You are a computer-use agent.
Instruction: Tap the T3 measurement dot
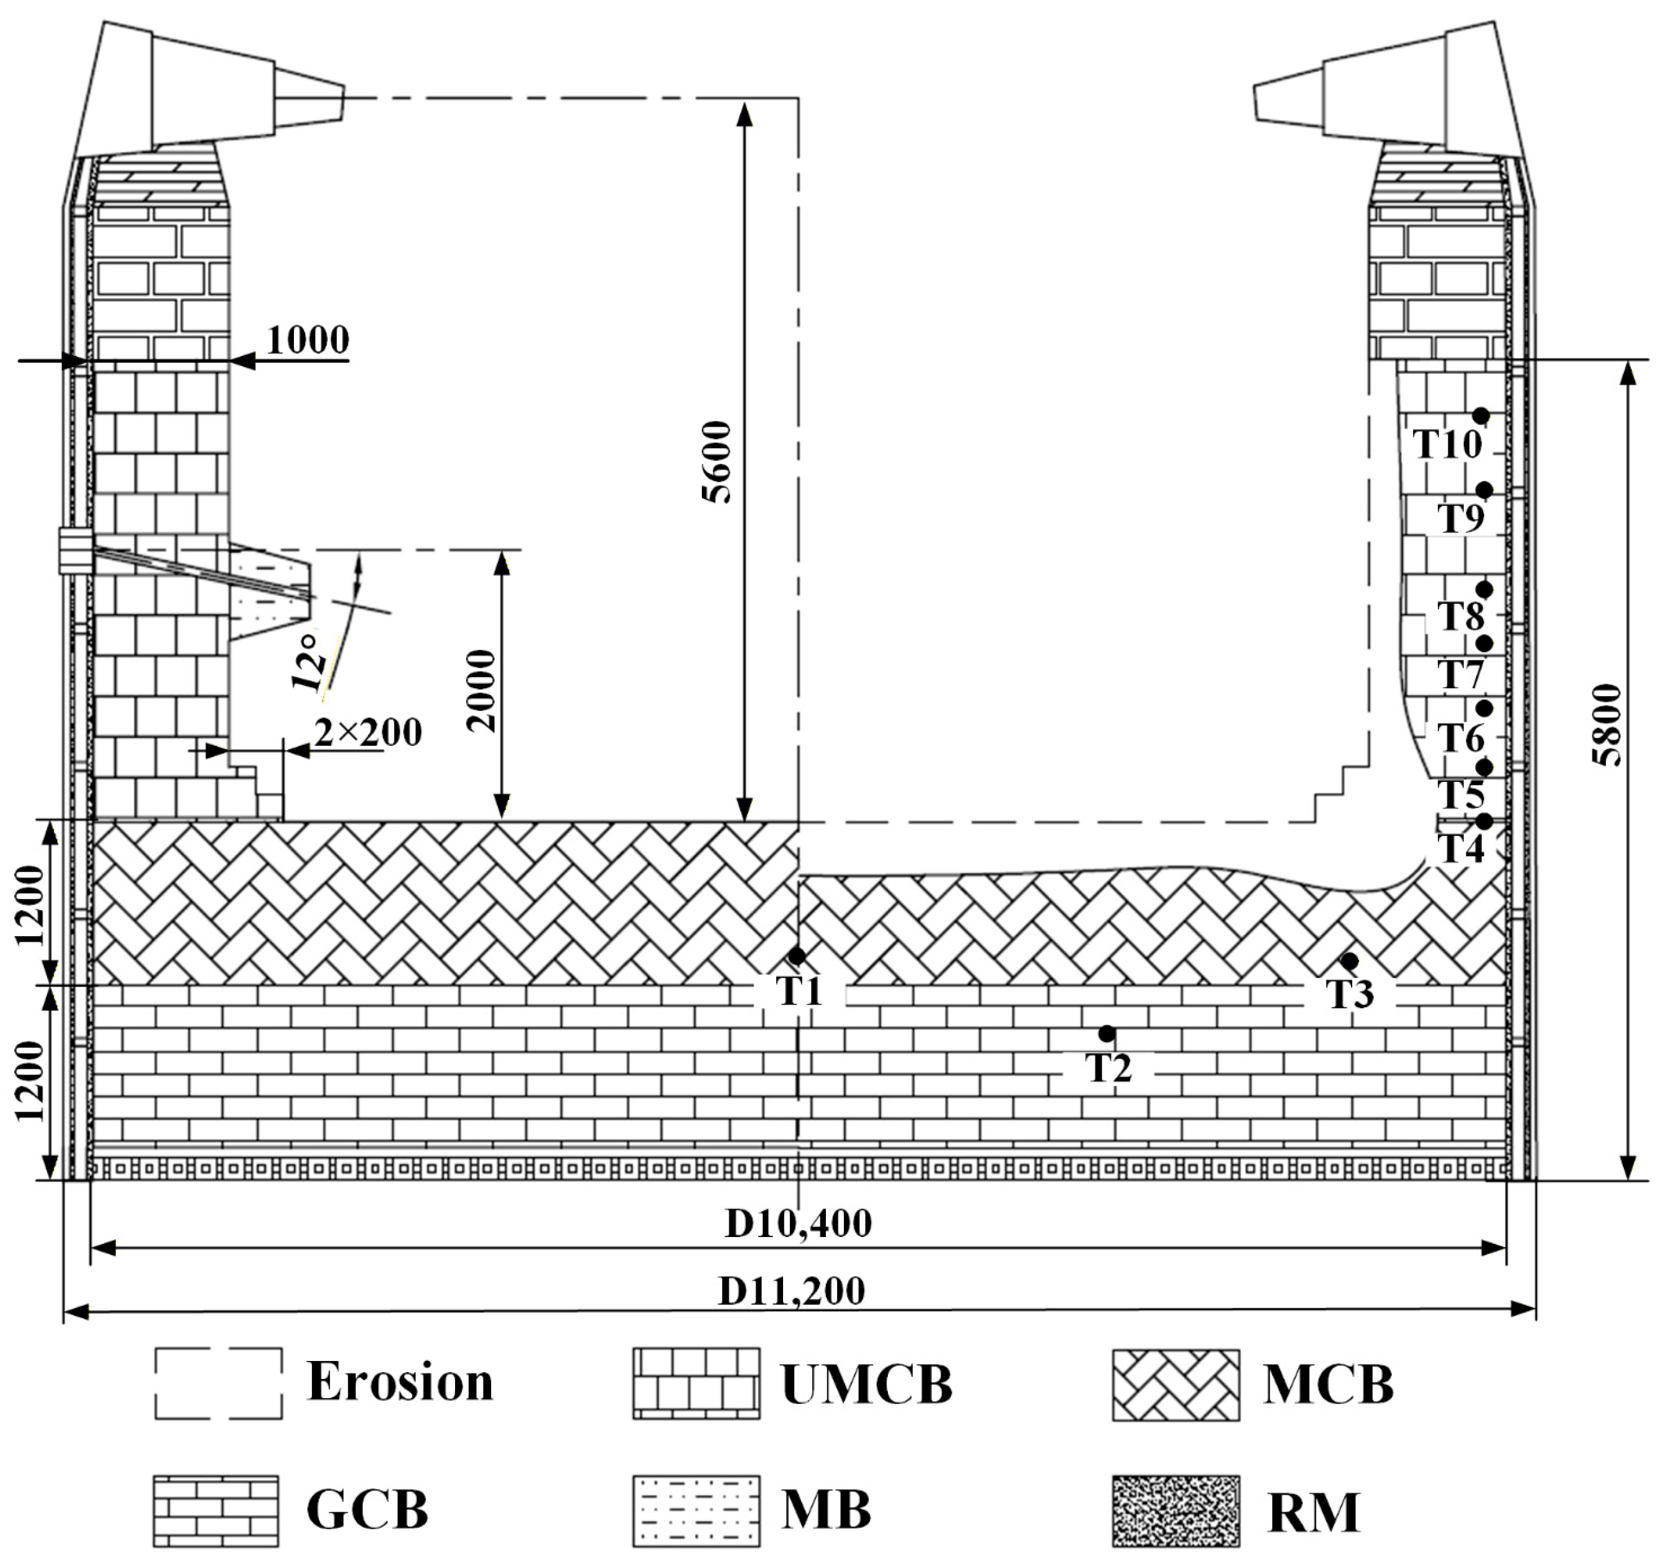click(1349, 961)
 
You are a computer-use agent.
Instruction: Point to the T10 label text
click(1447, 445)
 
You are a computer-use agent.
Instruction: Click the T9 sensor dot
click(1484, 490)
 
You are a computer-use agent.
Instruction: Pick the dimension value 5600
click(717, 462)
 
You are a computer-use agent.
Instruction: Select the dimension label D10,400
click(798, 1224)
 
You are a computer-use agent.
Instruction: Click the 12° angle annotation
click(308, 662)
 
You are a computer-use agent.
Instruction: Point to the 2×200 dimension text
click(368, 733)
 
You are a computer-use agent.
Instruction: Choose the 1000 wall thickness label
click(308, 340)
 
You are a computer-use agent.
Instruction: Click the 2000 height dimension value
click(482, 691)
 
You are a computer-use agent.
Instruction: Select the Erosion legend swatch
click(218, 1383)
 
